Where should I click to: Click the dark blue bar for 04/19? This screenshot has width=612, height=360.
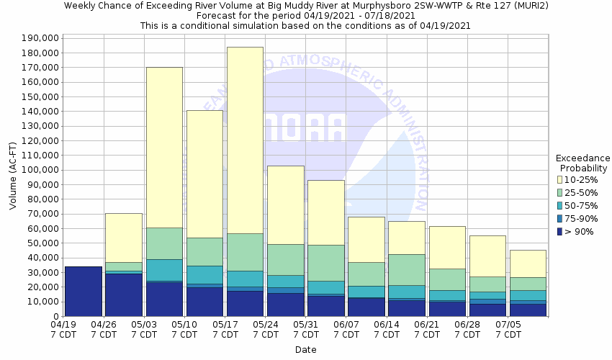pos(83,291)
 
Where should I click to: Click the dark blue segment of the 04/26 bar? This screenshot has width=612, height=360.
pos(123,294)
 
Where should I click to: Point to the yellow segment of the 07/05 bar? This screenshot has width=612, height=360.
pos(527,264)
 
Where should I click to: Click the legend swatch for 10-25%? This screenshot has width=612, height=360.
pos(559,179)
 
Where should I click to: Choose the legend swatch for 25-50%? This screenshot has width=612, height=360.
pos(559,192)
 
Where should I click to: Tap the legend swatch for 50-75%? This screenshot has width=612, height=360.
pos(559,205)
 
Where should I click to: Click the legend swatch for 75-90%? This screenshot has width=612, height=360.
pos(559,218)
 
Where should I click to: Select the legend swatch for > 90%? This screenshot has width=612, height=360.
pos(559,231)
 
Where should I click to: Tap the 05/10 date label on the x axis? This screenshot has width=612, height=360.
pos(185,325)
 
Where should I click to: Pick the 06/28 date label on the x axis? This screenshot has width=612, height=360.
pos(468,325)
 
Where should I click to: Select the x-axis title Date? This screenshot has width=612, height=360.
pos(306,349)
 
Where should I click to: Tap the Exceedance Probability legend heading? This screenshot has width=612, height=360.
pos(582,163)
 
